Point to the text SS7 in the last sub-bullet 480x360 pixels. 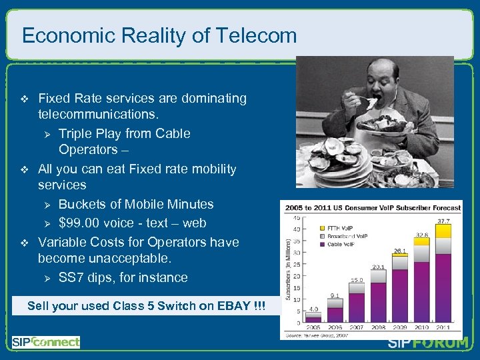coord(71,277)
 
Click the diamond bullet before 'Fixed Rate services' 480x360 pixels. coord(25,99)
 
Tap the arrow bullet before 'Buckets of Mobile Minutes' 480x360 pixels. coord(47,205)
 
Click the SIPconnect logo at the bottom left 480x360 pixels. coord(45,342)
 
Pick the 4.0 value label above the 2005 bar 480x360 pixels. coord(313,309)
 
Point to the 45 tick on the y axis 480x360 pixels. coord(295,217)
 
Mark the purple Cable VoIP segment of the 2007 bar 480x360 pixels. coord(357,309)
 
